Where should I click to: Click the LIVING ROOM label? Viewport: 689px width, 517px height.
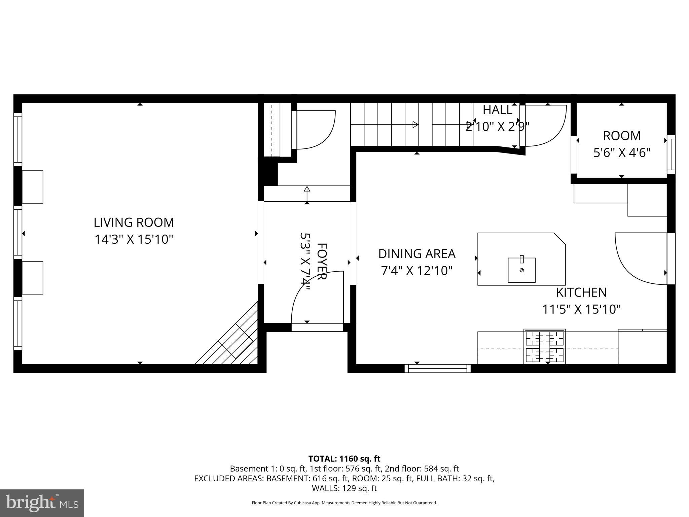134,222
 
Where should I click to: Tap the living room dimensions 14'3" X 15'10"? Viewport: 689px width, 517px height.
134,240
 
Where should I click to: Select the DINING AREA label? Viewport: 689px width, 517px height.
416,254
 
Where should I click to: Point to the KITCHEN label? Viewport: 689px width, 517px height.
581,292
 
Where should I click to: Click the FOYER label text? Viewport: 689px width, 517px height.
322,261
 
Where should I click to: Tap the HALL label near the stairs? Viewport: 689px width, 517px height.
497,110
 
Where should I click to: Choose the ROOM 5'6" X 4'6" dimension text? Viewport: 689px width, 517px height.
621,153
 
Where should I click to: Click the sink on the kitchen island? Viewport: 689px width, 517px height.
521,270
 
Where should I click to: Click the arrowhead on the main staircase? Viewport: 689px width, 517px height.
415,125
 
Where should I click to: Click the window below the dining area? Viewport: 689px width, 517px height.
437,368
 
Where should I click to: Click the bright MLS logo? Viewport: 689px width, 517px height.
42,503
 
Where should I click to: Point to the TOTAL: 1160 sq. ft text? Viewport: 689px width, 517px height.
344,458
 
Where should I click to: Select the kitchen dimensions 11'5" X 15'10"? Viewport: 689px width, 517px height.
581,309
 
